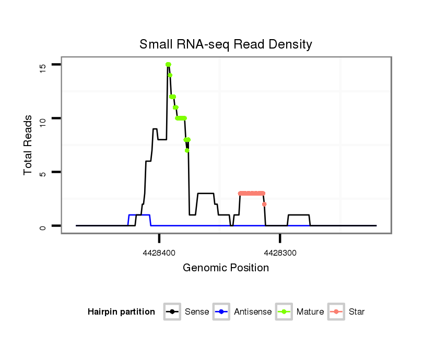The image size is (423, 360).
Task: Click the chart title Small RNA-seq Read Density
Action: [x=226, y=44]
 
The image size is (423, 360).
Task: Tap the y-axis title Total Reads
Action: [x=28, y=145]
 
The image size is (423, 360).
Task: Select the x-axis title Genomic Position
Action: [x=226, y=268]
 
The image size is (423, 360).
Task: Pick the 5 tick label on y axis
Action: [x=42, y=172]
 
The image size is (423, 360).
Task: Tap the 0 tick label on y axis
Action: [x=42, y=226]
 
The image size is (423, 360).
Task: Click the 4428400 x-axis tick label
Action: [x=159, y=253]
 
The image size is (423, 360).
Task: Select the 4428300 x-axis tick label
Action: [x=280, y=253]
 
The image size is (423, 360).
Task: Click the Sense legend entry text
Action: [x=197, y=312]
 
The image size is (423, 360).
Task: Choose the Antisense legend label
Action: [x=253, y=312]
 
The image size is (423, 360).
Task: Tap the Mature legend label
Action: [x=310, y=312]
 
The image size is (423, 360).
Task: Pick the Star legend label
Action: [x=357, y=312]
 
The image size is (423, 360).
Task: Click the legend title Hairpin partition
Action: [x=121, y=312]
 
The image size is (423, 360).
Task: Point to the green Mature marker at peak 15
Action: [x=168, y=65]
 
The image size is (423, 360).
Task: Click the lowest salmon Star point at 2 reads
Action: [x=264, y=204]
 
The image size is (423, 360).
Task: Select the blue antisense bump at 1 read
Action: [x=139, y=215]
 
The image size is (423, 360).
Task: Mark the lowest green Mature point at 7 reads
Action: [x=187, y=150]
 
